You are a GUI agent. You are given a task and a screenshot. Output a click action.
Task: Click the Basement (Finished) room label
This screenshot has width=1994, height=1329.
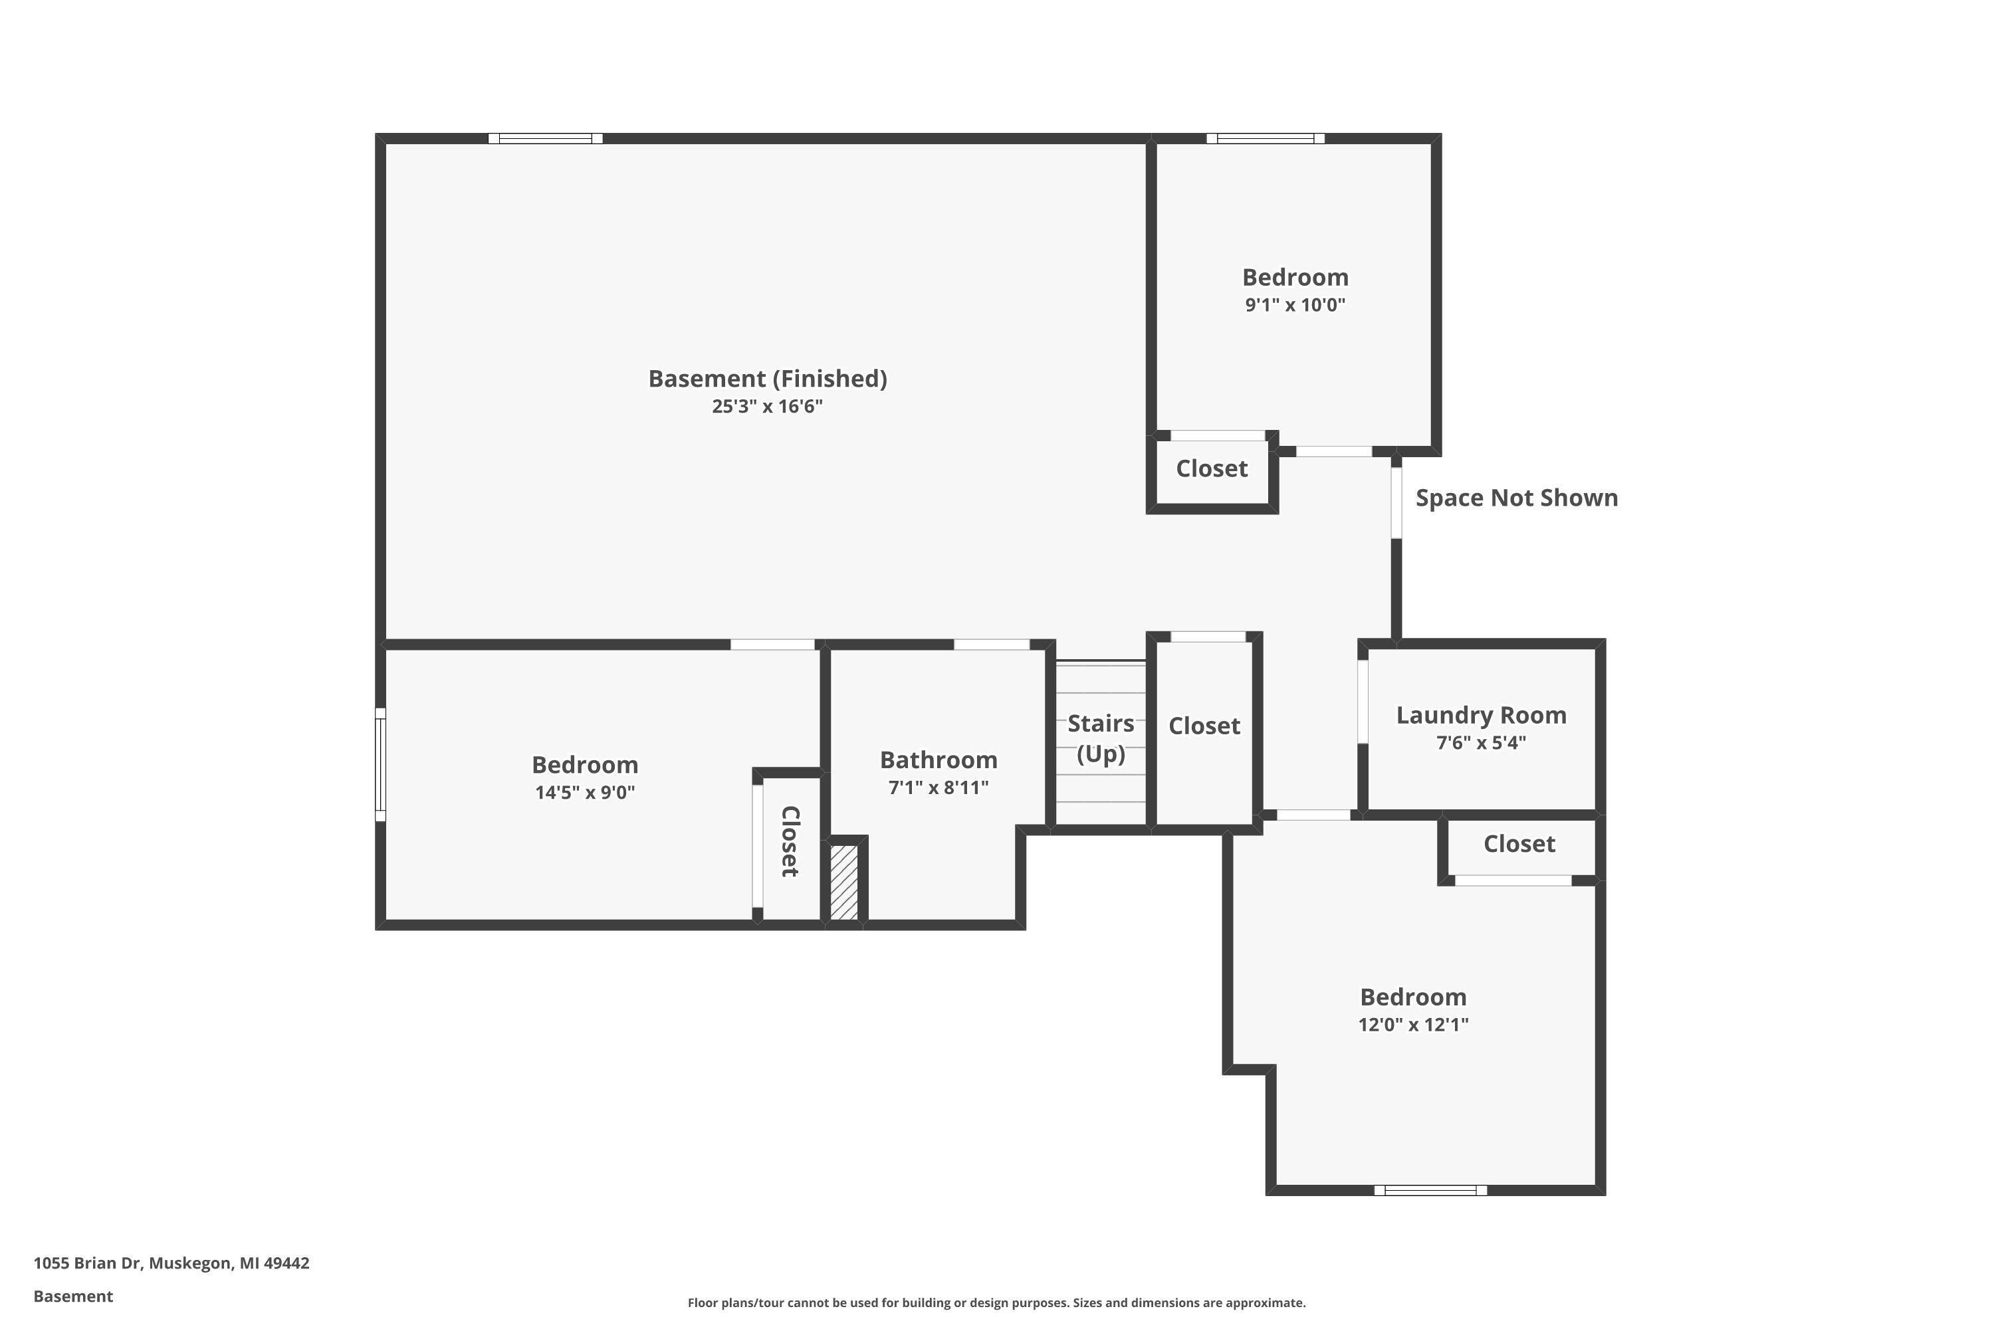[767, 378]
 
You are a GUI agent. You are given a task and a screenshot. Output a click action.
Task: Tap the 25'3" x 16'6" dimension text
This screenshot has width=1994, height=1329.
[767, 406]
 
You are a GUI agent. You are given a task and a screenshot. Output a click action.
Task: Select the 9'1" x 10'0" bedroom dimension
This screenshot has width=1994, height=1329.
[1295, 305]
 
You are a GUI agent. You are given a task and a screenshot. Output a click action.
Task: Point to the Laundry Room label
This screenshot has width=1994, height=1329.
[1480, 716]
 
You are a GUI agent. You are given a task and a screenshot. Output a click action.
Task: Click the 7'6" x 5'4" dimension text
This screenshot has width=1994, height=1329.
[1480, 742]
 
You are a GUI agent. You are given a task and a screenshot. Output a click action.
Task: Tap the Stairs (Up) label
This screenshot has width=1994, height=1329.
[1101, 738]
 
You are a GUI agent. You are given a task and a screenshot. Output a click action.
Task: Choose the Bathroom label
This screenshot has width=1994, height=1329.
[938, 760]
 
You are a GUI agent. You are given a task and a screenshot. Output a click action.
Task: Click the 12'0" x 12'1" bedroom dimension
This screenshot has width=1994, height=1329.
[1412, 1024]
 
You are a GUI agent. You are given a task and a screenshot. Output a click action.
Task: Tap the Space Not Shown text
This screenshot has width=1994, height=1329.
[1516, 498]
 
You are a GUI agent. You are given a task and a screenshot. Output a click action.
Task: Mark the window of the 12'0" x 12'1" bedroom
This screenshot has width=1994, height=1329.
[1430, 1190]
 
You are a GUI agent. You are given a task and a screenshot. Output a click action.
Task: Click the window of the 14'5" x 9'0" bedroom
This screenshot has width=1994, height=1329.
[381, 765]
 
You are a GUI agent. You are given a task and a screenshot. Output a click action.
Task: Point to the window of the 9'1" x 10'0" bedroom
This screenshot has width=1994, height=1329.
[1265, 138]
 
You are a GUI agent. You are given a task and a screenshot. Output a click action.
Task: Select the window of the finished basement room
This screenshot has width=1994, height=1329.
[545, 138]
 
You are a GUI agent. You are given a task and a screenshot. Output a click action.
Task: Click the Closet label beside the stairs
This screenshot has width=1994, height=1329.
[1204, 726]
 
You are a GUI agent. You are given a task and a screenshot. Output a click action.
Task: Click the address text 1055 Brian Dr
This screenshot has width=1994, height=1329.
[171, 1263]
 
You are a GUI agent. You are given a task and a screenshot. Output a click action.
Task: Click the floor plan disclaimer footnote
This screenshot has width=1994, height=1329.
[996, 1302]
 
